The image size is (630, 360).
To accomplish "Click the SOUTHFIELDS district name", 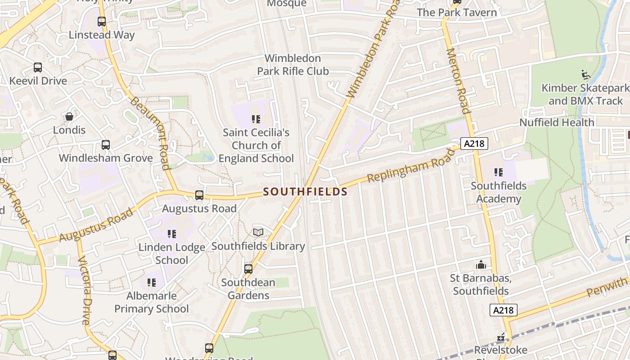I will [305, 192].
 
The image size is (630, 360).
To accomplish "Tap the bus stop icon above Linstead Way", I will [102, 21].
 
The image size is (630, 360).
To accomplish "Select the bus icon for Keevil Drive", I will [38, 67].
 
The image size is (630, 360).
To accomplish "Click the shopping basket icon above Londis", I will [69, 117].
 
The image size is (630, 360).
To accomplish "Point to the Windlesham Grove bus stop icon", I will [106, 145].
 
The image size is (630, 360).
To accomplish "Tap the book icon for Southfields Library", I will [258, 232].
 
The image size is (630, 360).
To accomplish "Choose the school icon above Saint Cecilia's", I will [256, 119].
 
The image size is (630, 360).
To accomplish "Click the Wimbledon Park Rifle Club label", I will [293, 65].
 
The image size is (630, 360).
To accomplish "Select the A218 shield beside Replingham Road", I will [474, 144].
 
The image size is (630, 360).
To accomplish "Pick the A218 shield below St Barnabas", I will [504, 310].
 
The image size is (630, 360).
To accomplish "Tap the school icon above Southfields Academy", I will [498, 172].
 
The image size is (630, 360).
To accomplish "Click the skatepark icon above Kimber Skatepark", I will [585, 74].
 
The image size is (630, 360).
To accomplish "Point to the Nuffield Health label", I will [557, 122].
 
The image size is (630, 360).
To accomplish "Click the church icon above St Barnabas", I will [481, 265].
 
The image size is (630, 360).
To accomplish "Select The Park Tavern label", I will [457, 13].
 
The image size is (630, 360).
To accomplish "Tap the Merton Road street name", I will [458, 81].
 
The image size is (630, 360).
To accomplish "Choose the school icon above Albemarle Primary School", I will [152, 283].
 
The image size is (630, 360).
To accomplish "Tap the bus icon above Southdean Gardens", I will [248, 269].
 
